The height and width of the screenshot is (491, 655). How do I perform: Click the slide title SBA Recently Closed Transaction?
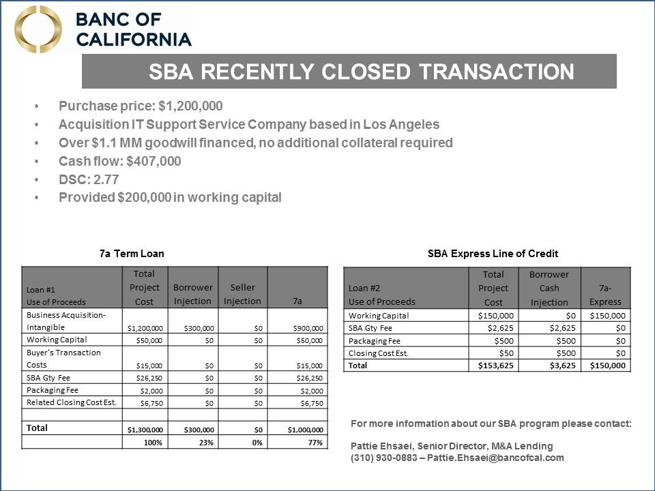[x=362, y=72]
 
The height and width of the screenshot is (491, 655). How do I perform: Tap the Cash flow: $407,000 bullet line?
[x=119, y=161]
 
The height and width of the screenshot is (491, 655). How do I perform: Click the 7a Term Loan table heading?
[x=132, y=253]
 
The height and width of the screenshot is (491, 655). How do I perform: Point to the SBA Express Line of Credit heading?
[x=493, y=253]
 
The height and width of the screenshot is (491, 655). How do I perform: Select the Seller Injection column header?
[x=242, y=294]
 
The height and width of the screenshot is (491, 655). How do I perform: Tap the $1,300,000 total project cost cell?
[x=145, y=430]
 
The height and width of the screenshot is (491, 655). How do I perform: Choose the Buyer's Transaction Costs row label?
[x=63, y=359]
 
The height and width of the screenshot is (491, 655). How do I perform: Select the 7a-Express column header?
[x=605, y=295]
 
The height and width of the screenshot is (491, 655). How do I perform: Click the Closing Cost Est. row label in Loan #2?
[x=379, y=353]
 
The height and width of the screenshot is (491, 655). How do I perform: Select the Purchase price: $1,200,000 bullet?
[x=141, y=106]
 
